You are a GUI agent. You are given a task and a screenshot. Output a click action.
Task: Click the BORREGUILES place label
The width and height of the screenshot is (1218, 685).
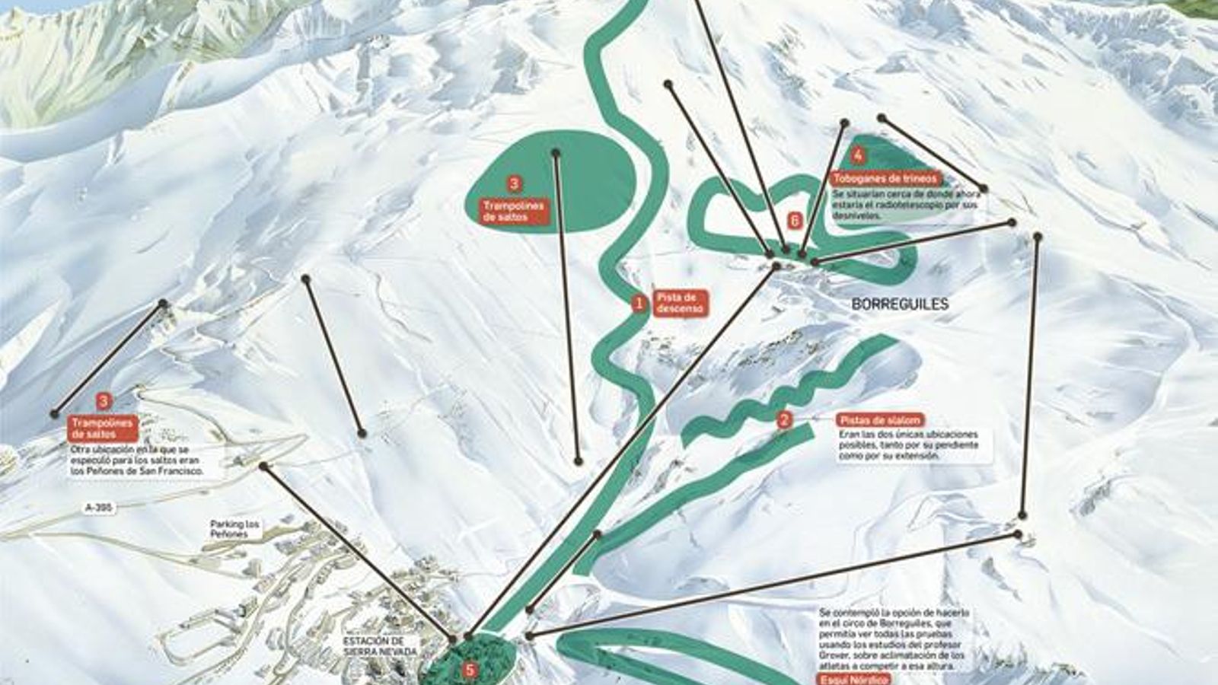pos(900,304)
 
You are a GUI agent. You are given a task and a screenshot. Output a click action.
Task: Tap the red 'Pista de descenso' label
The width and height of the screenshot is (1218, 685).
pos(681,303)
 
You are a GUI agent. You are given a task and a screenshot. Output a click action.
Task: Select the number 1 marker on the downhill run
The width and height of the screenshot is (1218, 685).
pos(639,304)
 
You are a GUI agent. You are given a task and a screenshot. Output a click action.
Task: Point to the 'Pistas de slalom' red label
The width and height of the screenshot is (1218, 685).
pos(880,420)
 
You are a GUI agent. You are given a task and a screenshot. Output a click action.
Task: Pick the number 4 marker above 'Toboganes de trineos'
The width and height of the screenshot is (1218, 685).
pos(858,156)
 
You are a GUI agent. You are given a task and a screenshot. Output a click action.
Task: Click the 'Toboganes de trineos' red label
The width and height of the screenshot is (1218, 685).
pos(886,179)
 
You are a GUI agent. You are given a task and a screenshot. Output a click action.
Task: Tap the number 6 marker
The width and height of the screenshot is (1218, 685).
pos(795,221)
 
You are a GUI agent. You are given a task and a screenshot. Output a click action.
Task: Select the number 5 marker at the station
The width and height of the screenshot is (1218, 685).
pos(470,671)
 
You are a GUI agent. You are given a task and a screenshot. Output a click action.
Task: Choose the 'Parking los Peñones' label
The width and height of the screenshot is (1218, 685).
pos(234,529)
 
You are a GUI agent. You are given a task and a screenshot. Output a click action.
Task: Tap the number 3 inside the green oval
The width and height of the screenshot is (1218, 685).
pos(514,183)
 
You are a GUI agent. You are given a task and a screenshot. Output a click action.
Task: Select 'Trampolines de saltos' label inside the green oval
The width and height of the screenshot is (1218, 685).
pos(515,211)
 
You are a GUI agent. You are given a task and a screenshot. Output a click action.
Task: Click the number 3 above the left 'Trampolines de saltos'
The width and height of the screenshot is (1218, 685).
pos(104,401)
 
